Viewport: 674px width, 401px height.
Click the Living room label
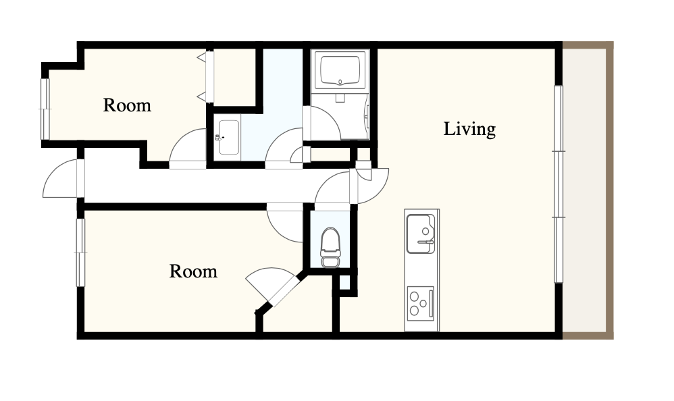coord(469,129)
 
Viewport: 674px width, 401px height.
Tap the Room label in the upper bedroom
coord(127,105)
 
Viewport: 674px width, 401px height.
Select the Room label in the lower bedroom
coord(193,271)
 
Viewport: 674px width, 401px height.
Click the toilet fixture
coord(330,248)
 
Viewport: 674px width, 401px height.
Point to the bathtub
coord(340,70)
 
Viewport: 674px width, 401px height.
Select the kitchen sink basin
coord(421,234)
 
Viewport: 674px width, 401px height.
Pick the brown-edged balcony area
coord(588,190)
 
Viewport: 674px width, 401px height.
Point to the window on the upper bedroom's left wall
coord(45,109)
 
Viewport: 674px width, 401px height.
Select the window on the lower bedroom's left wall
coord(80,252)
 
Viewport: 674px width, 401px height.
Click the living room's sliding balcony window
coord(559,184)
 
